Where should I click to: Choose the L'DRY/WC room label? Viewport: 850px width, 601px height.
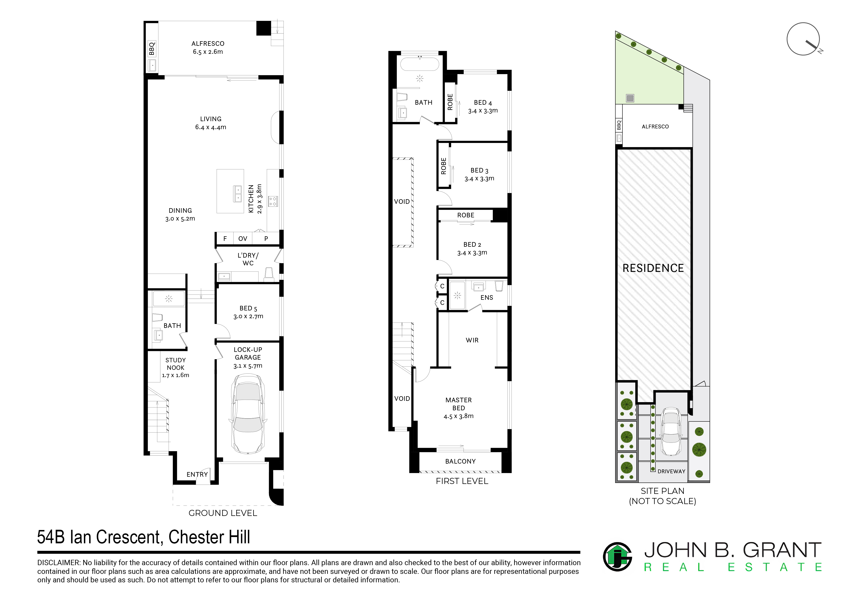248,259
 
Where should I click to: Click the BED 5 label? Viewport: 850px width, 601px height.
248,308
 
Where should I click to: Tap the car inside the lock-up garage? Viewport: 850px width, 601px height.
248,414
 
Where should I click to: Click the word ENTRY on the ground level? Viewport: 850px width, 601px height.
197,474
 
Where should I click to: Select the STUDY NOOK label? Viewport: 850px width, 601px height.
175,364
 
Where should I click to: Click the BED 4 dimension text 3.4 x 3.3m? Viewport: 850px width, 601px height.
483,111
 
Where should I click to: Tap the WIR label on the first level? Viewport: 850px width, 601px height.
472,340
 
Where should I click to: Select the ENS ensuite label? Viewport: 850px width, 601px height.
487,298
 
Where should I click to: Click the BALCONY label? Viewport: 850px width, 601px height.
460,461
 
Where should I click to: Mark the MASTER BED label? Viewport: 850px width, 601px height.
458,404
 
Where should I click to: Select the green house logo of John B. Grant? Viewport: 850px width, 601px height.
617,557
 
